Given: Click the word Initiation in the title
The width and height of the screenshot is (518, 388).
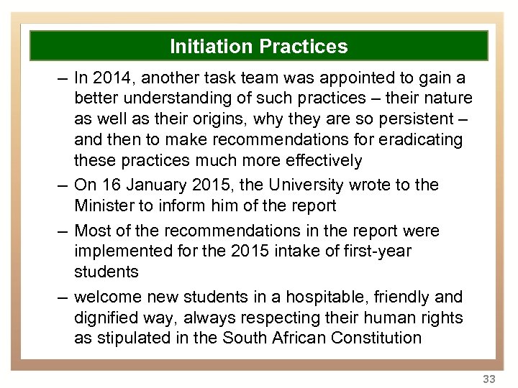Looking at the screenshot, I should (211, 47).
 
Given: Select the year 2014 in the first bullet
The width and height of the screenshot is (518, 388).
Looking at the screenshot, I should (112, 78).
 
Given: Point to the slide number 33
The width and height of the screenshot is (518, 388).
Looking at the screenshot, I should (489, 379).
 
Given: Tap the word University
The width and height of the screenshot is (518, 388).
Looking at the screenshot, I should (309, 185).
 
